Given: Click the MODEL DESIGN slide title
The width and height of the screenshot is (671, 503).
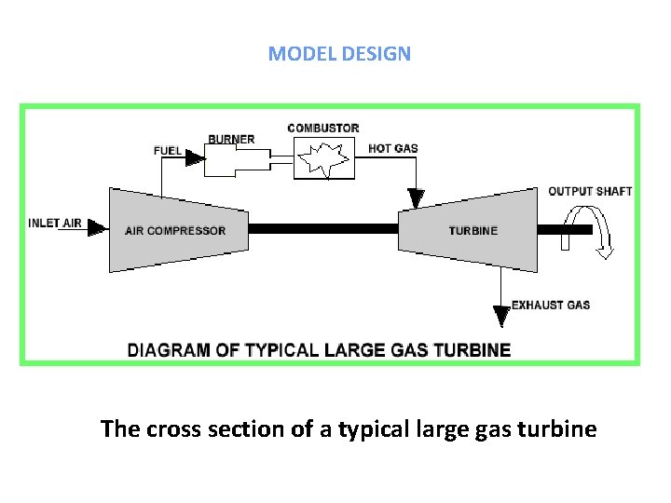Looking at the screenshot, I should [x=339, y=53].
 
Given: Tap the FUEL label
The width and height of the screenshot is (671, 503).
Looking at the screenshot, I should [x=168, y=150].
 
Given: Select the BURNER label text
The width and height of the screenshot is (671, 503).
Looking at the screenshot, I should [x=231, y=140].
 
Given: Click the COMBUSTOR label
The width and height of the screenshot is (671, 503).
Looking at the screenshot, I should [x=323, y=128].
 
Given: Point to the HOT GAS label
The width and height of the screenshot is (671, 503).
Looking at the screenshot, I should [x=393, y=148].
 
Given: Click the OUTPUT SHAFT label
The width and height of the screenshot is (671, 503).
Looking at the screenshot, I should [x=590, y=191].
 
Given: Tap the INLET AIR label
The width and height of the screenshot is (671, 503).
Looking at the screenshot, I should [x=55, y=223].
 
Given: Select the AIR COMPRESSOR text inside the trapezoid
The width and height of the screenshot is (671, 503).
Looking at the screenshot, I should [x=175, y=231].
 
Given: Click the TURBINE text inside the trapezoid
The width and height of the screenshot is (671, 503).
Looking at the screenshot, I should [x=473, y=231].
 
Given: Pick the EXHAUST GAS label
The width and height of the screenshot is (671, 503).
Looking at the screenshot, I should [x=551, y=305].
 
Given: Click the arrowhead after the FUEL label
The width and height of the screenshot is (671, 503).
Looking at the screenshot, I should [x=194, y=159].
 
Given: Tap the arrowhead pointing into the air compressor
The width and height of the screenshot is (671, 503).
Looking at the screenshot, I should [x=97, y=229].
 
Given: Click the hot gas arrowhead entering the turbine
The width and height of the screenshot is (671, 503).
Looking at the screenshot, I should [x=416, y=198].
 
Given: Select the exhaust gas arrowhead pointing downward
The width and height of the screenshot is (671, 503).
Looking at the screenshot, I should [x=501, y=317].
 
